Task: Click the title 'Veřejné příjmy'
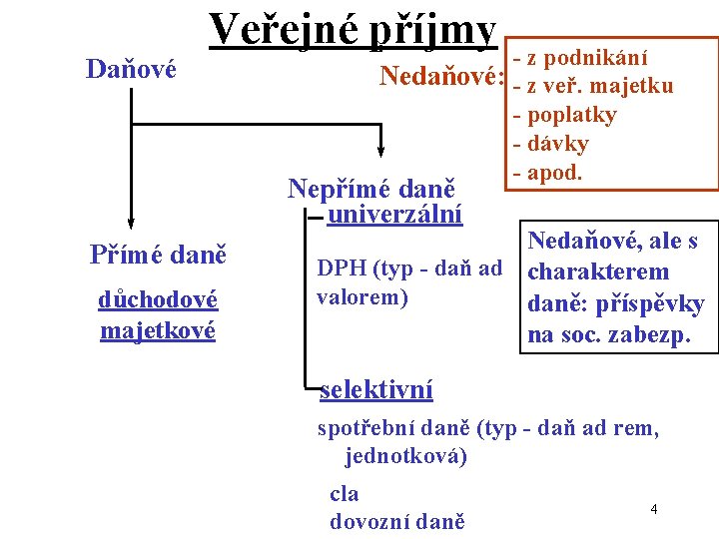pos(353,30)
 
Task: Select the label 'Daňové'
pos(131,69)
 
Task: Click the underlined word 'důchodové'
pos(159,298)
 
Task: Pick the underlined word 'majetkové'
pos(158,328)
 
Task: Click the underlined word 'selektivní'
pos(376,388)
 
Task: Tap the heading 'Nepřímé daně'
pos(371,188)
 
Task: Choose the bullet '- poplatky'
pos(564,115)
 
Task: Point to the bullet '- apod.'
pos(546,172)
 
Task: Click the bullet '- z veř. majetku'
pos(593,86)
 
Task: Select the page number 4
pos(653,510)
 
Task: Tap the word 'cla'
pos(344,493)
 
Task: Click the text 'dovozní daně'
pos(396,521)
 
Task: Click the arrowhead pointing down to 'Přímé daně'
pos(131,224)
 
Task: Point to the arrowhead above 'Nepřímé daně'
pos(381,150)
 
